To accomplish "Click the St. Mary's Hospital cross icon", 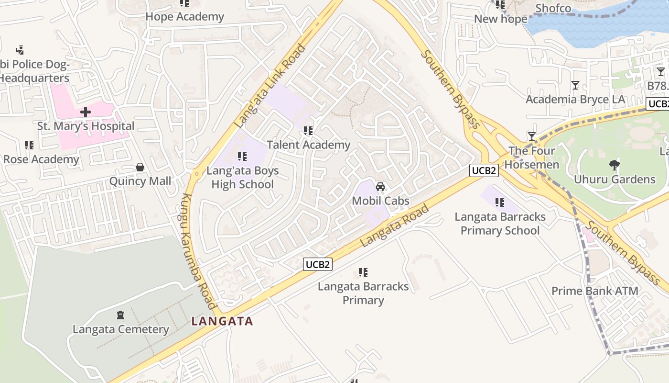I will (86, 112).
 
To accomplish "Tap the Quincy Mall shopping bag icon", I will (140, 167).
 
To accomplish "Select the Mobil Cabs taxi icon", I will (380, 186).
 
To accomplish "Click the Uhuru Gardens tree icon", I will (615, 165).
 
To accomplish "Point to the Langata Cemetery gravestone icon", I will (120, 315).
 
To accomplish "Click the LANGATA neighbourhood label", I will (222, 321).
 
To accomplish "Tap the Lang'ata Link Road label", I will (270, 86).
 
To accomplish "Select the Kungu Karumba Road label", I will (198, 251).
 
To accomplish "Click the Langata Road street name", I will (394, 225).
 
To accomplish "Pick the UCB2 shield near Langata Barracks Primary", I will (318, 264).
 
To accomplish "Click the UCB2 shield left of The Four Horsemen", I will (484, 170).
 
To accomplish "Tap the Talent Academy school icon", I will (308, 130).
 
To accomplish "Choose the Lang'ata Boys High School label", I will (242, 178).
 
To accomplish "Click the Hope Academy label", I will (184, 17).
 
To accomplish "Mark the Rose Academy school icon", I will (29, 145).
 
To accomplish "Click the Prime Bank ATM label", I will (594, 291).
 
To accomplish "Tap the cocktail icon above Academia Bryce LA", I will (575, 85).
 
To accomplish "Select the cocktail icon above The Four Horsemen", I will (531, 136).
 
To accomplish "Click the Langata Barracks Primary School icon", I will (500, 203).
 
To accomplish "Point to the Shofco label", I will (553, 8).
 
